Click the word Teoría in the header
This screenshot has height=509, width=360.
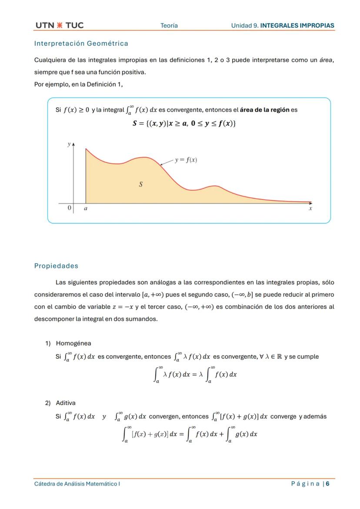[169, 26]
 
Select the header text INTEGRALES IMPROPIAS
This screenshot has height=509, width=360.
[297, 26]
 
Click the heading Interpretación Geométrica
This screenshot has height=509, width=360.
[81, 43]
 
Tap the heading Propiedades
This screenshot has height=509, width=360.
[56, 266]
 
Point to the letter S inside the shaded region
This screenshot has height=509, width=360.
[140, 184]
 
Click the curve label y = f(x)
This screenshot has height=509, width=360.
[186, 160]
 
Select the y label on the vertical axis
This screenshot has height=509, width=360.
[69, 144]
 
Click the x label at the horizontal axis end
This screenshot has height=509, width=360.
[310, 209]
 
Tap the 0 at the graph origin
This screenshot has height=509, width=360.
[69, 208]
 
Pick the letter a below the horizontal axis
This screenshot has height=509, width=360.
[86, 209]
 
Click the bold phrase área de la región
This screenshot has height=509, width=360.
[264, 110]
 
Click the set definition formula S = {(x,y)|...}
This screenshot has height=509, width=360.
[184, 123]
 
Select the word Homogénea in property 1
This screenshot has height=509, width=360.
[73, 343]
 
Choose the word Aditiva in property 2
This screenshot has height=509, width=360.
[66, 403]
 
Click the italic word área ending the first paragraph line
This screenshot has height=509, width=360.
[326, 60]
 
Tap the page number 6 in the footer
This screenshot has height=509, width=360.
[327, 484]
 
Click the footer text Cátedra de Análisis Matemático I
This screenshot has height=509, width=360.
[77, 484]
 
